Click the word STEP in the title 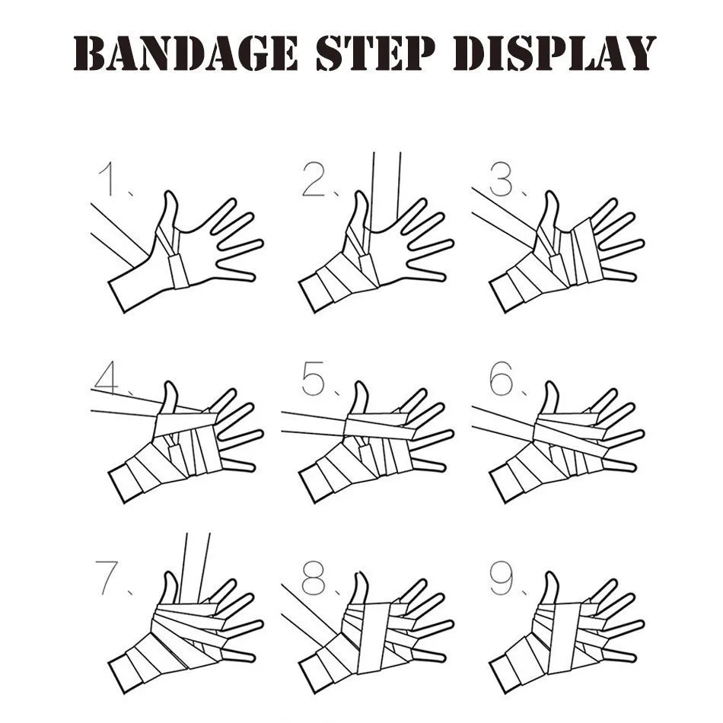click(x=375, y=53)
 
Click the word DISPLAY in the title click(x=554, y=53)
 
